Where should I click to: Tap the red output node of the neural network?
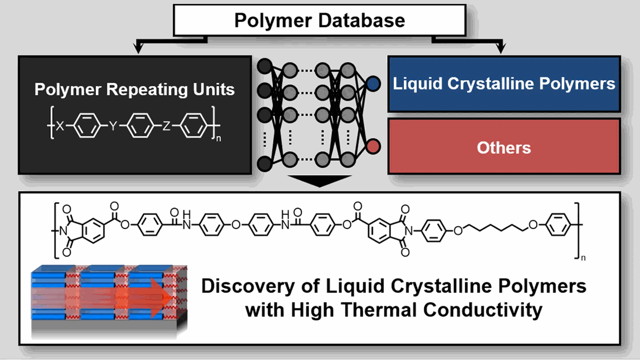(373, 146)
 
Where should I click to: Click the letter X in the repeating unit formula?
(59, 127)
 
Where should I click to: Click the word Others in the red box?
(503, 147)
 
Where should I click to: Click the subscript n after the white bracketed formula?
(218, 138)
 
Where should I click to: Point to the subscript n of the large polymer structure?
(582, 257)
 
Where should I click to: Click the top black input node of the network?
(264, 65)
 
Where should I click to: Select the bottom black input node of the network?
(264, 162)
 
